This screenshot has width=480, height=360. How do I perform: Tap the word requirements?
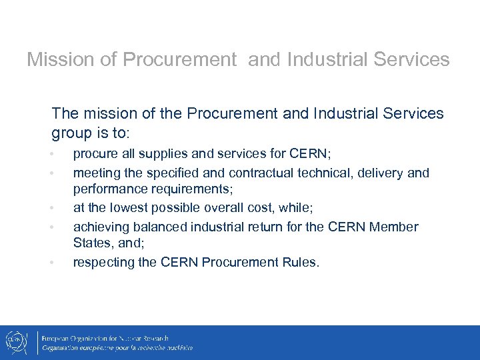193,189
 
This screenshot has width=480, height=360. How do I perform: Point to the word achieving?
101,227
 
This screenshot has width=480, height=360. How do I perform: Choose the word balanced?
161,227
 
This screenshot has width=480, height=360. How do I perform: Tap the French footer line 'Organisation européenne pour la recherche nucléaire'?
117,348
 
